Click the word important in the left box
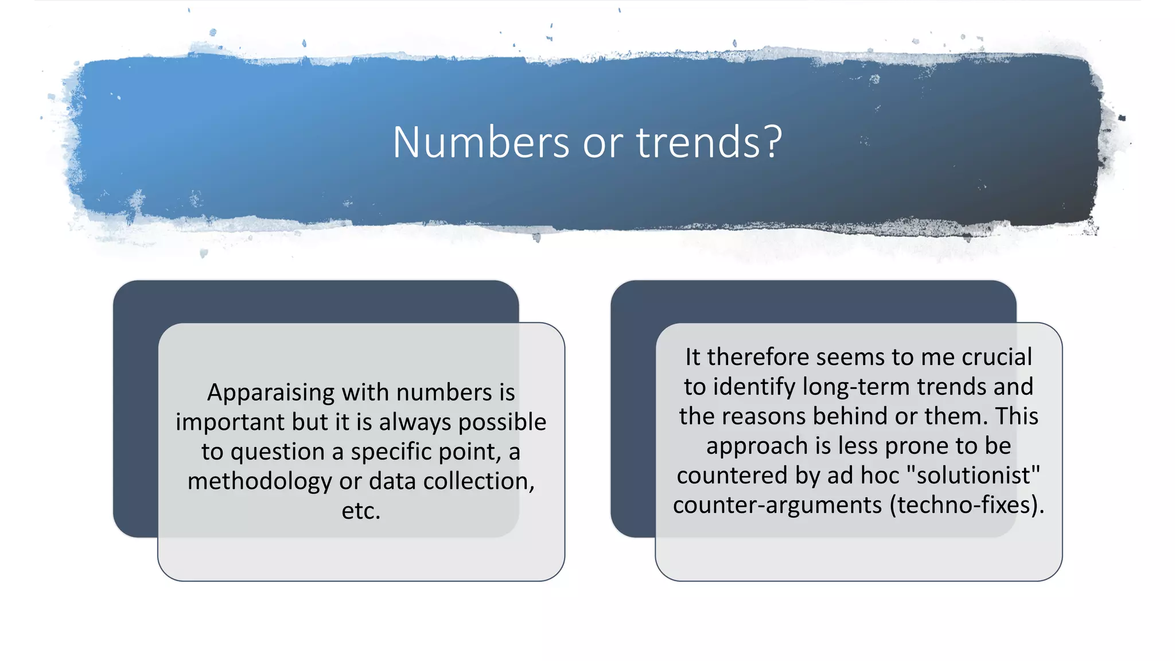(230, 422)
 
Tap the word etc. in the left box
(361, 511)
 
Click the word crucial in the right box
(997, 357)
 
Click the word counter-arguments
(777, 506)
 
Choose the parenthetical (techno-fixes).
(967, 506)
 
